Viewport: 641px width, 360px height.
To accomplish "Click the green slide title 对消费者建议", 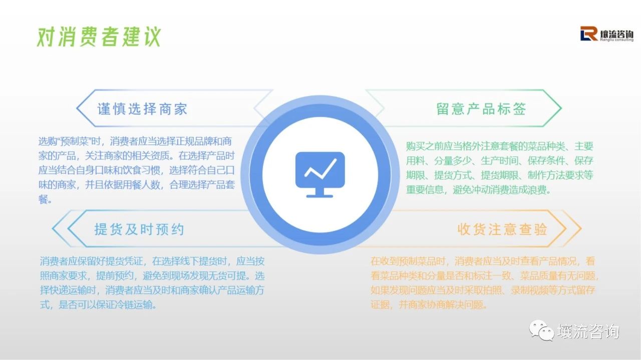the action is coord(99,37).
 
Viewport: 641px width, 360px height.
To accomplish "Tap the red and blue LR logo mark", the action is coord(589,34).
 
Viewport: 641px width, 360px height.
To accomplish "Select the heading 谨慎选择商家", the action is coord(142,109).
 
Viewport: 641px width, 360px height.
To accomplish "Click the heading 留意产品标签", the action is coord(481,109).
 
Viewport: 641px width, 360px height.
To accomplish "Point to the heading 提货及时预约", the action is coord(139,229).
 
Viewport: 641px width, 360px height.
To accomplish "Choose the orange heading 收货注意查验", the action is coord(502,229).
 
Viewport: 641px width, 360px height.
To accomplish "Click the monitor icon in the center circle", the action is coord(320,175).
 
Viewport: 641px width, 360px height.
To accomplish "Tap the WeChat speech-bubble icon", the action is coord(541,330).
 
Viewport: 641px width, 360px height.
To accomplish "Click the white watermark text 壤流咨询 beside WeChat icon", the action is coord(588,331).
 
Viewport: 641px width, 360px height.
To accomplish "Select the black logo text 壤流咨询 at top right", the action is coord(616,35).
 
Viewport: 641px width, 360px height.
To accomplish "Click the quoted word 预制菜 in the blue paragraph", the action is coord(74,141).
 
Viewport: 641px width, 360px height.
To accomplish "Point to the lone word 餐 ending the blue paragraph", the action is coord(43,199).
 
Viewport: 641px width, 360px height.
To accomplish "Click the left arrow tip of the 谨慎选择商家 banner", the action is coord(77,108).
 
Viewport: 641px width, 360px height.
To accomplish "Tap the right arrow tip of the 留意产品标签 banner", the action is coord(561,108).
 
